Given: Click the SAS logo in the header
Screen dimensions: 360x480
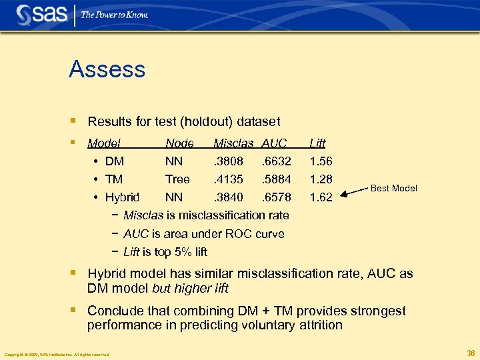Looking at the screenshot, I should tap(41, 14).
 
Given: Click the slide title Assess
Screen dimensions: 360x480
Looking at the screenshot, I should tap(107, 69).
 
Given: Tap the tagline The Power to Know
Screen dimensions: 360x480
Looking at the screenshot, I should tap(114, 15).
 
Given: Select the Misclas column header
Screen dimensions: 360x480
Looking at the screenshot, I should tap(233, 143).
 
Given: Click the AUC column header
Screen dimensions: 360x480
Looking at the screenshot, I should tap(274, 143).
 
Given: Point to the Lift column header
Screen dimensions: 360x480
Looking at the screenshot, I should tap(317, 143).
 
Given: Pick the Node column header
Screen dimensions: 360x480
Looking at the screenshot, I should tap(179, 143).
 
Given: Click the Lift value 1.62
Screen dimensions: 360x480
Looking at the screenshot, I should tap(321, 197).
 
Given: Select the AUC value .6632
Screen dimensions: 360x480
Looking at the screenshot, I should tap(276, 161).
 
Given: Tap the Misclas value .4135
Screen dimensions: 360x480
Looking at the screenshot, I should tap(228, 179).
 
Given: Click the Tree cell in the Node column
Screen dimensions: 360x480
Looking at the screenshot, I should tap(177, 179).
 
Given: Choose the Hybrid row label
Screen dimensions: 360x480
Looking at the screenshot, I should tap(122, 197).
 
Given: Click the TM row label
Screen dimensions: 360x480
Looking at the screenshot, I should tap(114, 179).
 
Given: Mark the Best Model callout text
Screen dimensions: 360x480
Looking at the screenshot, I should tap(393, 189).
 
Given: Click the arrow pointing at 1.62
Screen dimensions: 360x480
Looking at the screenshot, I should tap(353, 193).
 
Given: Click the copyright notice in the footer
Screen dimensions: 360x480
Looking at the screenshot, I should tap(57, 354).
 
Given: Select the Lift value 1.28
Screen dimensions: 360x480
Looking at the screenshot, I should tap(321, 179).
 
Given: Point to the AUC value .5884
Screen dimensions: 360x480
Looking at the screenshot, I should tap(276, 179).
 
